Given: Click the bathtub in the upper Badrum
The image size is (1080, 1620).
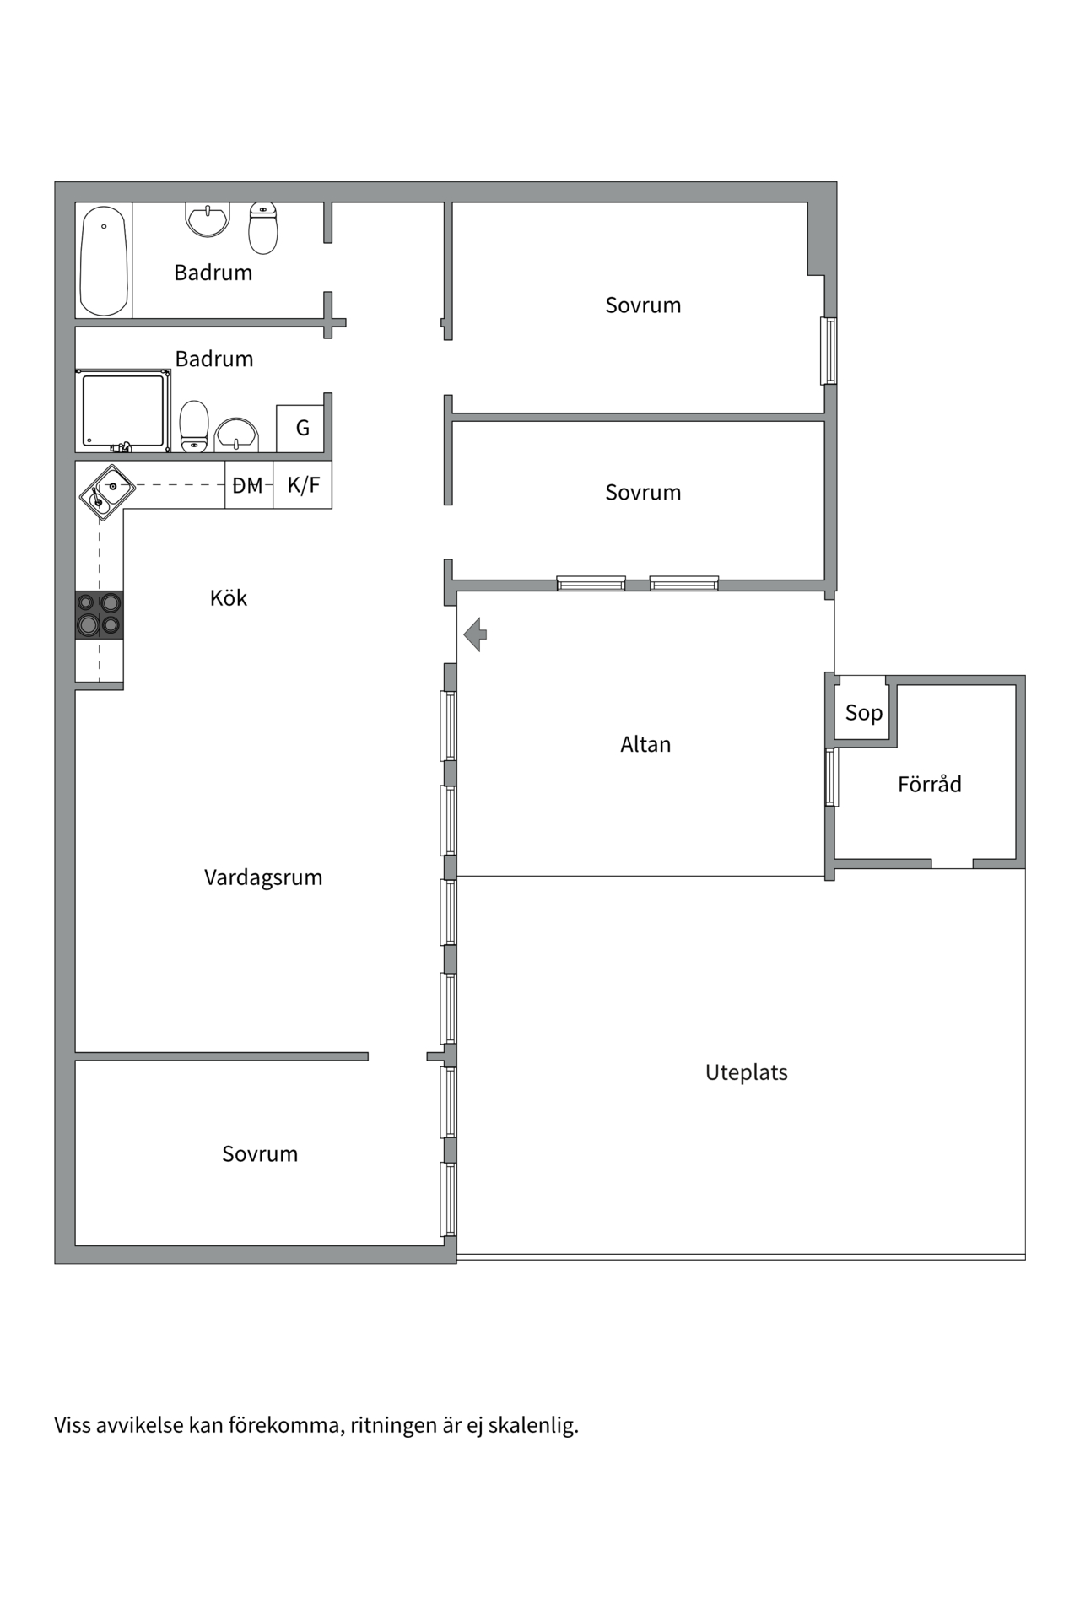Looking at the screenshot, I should (103, 260).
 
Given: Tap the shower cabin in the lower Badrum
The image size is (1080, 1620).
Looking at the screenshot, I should (123, 410).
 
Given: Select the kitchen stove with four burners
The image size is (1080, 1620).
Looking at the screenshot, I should (99, 614).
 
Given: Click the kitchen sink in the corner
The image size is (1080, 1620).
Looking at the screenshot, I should (106, 492).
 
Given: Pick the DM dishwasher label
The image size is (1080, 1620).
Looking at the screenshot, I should (248, 486).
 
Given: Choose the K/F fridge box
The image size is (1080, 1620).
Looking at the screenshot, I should (303, 485).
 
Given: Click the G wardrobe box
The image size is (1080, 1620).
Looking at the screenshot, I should (302, 428).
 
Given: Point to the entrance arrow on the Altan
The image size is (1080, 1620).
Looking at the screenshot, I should (476, 634).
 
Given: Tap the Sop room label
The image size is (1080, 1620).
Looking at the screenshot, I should (863, 713).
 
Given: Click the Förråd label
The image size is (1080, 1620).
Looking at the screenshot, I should (929, 785).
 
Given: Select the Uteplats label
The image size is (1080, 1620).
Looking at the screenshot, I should (746, 1072).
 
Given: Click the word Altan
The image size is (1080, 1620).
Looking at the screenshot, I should (645, 744).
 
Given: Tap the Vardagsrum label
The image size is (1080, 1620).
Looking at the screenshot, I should (262, 877).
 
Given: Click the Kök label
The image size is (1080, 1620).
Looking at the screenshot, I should (228, 598).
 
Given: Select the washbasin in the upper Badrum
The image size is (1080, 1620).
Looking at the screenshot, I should (208, 219).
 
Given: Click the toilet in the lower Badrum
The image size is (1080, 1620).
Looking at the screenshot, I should (194, 426).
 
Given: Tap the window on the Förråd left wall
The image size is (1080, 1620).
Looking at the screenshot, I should (831, 777).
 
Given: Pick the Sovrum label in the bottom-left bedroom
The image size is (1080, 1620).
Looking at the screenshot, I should (259, 1154).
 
